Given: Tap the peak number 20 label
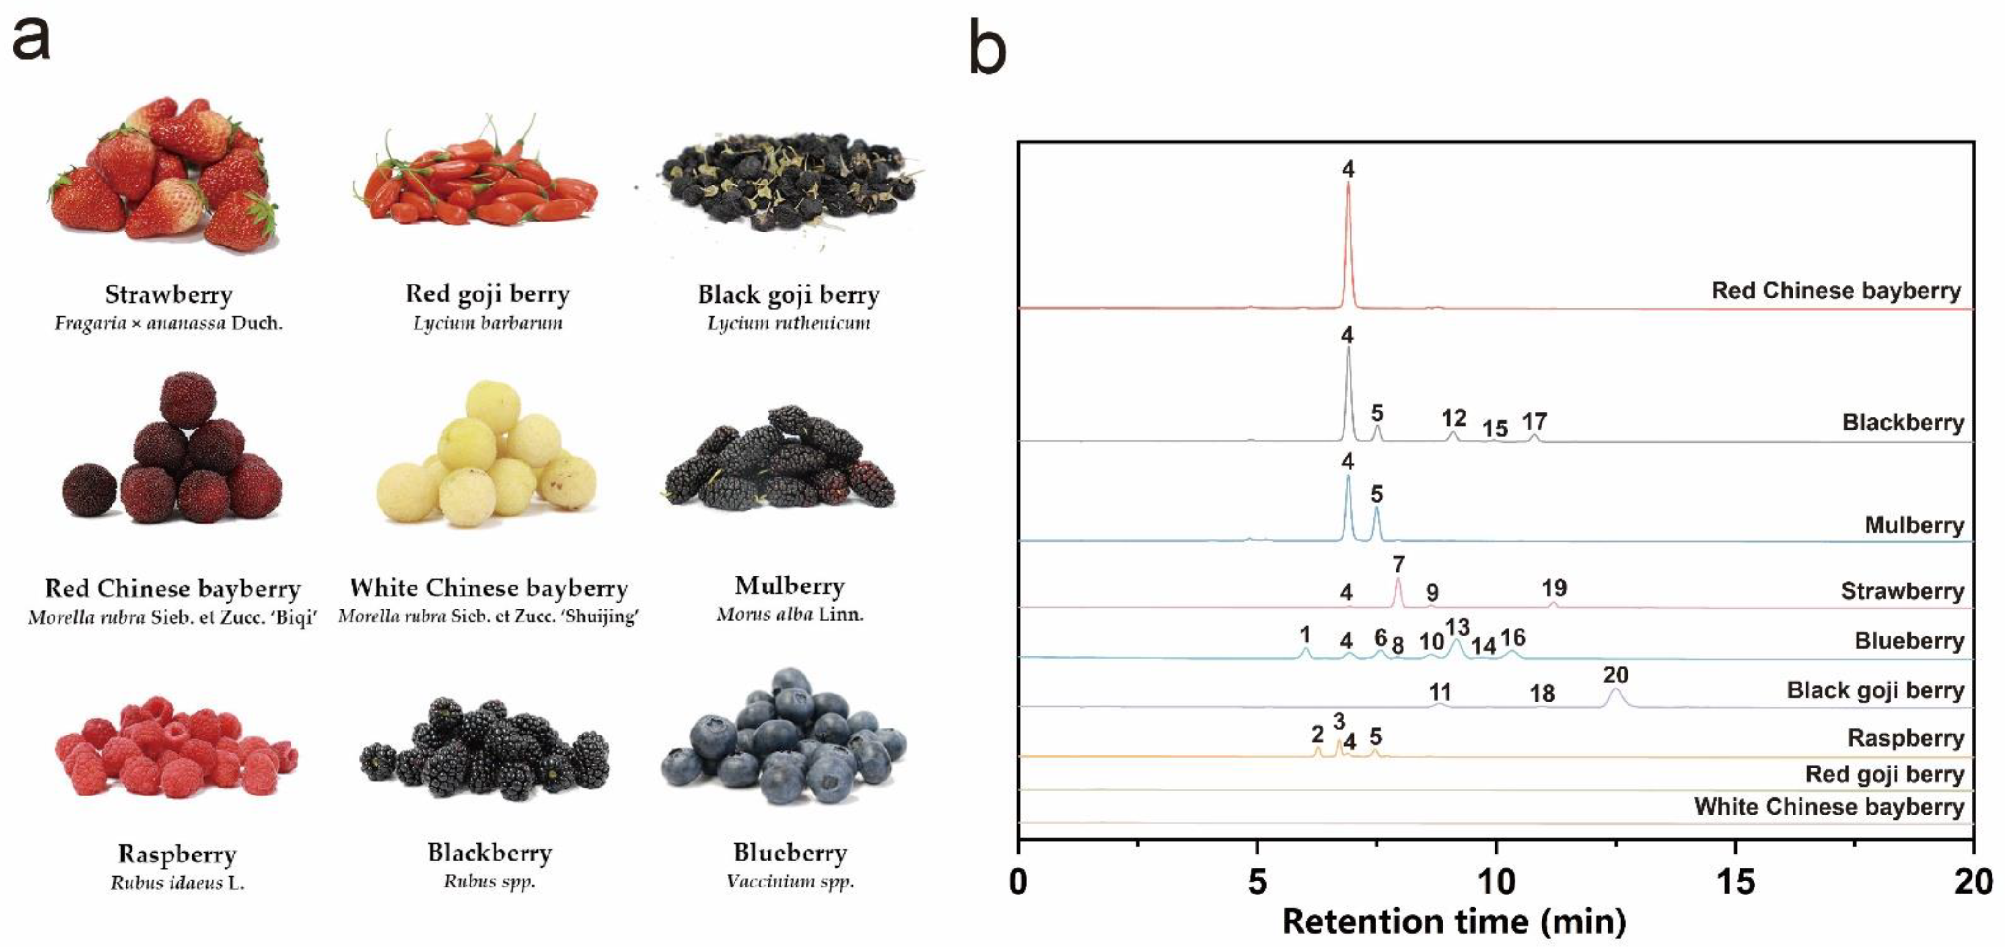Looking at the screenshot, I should [1616, 675].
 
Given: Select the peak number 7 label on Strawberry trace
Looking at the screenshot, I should [1399, 564].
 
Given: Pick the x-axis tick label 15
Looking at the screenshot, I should [1735, 881].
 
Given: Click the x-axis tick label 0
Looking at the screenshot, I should [1018, 881].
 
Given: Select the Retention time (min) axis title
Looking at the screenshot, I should [1454, 922].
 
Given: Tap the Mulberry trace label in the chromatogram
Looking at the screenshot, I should [1914, 525].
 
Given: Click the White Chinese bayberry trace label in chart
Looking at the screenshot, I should [1829, 807].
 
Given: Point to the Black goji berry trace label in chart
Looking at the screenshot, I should [1875, 690].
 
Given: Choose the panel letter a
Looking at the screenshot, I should [31, 39].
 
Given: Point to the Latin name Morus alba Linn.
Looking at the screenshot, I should [789, 615].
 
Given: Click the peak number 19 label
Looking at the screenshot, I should [1555, 588].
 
